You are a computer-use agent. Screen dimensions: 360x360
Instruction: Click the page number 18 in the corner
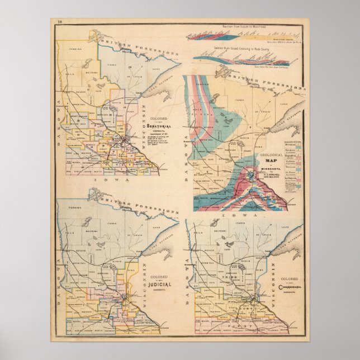point(60,22)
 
